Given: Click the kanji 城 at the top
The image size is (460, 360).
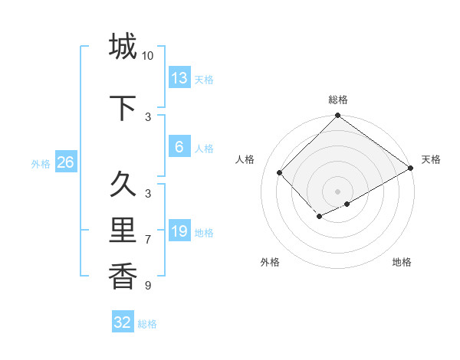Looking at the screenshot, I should tap(123, 46).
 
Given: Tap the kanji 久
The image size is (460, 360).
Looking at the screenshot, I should tap(123, 184).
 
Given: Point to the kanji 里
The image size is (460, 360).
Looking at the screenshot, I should tap(123, 231).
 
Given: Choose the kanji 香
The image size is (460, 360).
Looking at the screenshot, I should tap(123, 276).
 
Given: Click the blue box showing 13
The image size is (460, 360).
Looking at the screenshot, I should tap(179, 78).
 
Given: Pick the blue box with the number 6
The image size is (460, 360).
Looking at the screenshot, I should tap(179, 148).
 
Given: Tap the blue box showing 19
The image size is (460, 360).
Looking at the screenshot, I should tap(179, 231).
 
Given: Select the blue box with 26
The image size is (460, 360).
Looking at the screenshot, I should tap(65, 162).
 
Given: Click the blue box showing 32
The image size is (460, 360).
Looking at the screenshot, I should tap(123, 322).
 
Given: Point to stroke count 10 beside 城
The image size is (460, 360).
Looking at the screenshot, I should tap(148, 56).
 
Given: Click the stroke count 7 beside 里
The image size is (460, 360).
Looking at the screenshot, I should tap(148, 240).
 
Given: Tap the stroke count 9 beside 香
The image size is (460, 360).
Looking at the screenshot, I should tap(148, 286).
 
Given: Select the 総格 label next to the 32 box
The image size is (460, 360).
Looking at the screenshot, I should tap(147, 324).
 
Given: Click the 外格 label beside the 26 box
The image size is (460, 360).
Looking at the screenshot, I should tap(41, 163).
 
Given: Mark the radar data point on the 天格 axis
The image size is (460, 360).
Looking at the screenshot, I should tap(411, 168).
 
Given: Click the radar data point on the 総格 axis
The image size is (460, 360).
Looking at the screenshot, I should tap(337, 116).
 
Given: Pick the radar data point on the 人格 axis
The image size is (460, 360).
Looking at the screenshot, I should tap(280, 172).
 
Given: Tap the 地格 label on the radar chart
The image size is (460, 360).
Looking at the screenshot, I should tap(402, 262).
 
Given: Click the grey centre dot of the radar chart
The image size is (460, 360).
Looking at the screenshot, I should tap(337, 191).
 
